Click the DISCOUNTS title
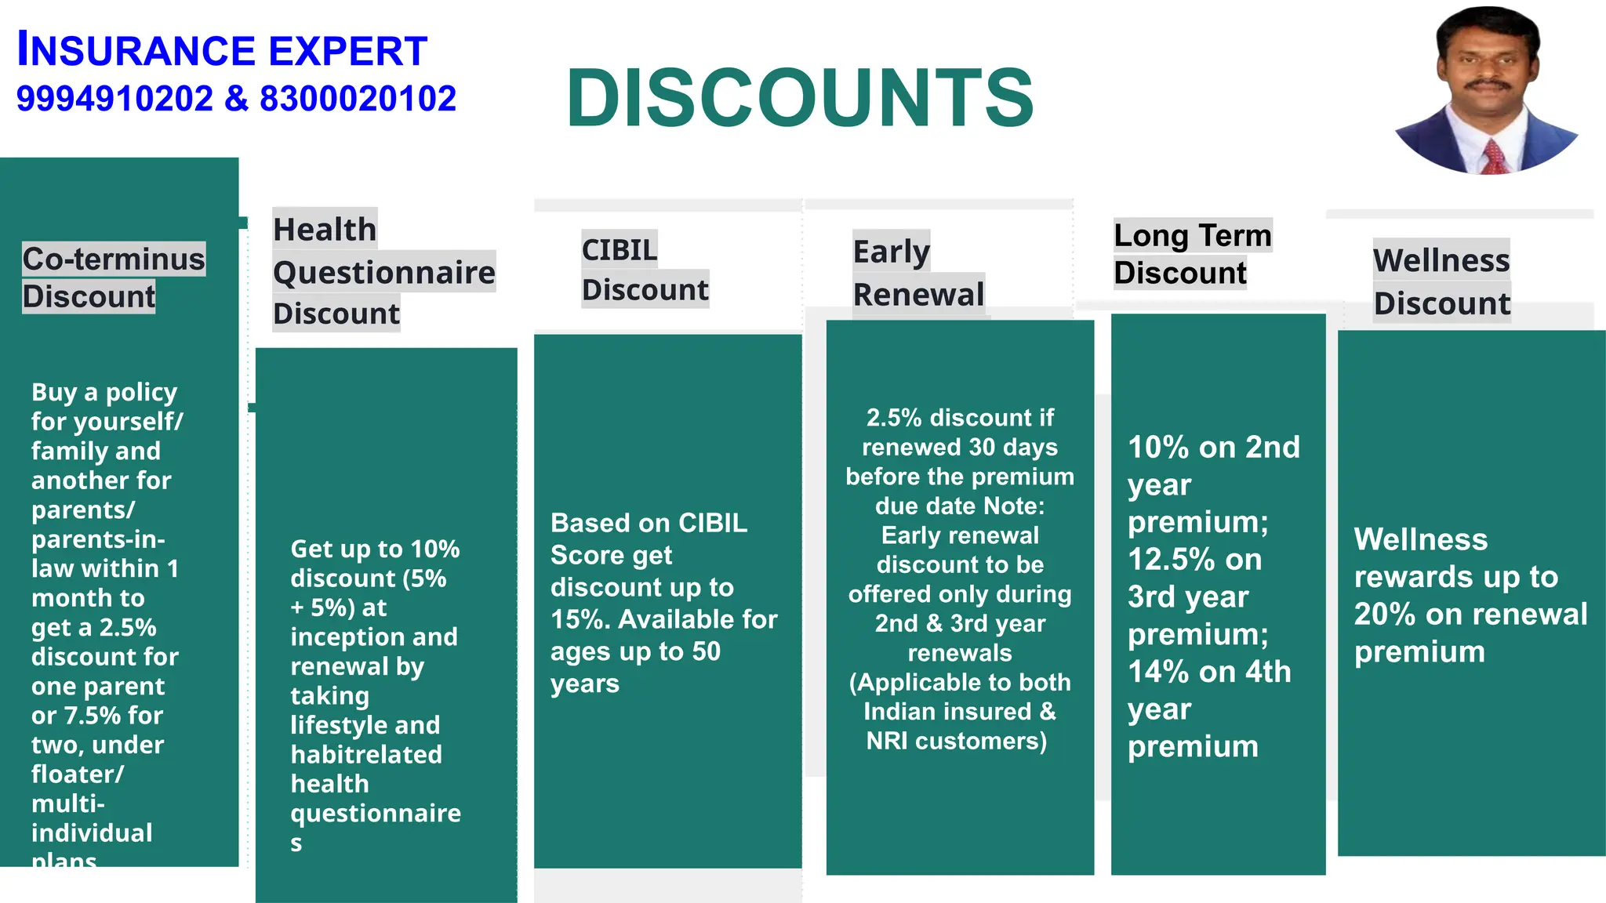pos(800,98)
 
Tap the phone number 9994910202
pos(114,99)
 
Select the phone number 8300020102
pos(358,99)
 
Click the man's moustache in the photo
pos(1488,84)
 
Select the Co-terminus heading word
pos(114,259)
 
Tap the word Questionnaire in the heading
pos(384,272)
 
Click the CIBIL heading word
pos(620,249)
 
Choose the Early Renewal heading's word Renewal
pos(918,295)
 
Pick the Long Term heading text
pos(1193,235)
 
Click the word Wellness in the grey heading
pos(1441,260)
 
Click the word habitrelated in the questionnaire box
pos(366,755)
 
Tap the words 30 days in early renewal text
pos(1012,448)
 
